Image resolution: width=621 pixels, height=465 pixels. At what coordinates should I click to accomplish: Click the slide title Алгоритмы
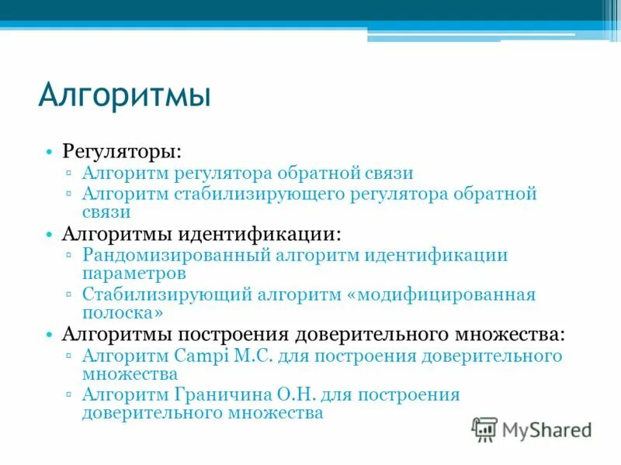[125, 95]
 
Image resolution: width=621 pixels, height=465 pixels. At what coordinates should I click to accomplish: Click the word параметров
[134, 274]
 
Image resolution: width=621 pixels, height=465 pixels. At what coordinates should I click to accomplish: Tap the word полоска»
[123, 313]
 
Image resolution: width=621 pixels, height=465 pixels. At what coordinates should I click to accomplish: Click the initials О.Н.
[293, 395]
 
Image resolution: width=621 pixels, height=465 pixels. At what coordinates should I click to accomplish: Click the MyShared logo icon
[484, 429]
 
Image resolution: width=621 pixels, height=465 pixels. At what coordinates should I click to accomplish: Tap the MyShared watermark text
[546, 429]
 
